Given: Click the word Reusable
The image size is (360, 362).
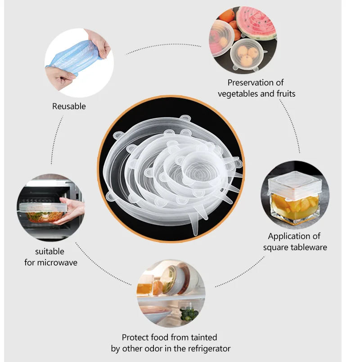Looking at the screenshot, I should point(69,107).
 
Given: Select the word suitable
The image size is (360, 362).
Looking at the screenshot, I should point(49,251).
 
